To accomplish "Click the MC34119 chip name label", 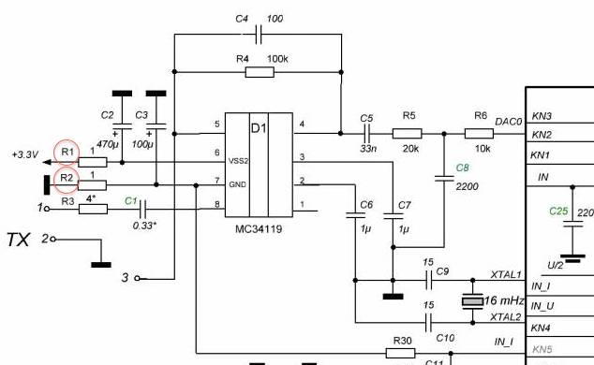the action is (x=259, y=229).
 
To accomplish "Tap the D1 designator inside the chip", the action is (x=259, y=128).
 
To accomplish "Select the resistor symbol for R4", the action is (x=260, y=72).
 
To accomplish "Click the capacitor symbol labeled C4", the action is (x=259, y=35).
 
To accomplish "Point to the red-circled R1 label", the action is (x=67, y=152).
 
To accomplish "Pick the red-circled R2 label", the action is (x=67, y=178).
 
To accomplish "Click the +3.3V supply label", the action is (x=25, y=154).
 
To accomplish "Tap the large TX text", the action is (x=18, y=240).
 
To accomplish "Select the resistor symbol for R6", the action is (x=479, y=134).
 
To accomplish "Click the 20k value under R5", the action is (x=410, y=149).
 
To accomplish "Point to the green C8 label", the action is (x=462, y=168).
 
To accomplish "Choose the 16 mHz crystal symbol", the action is (x=472, y=301).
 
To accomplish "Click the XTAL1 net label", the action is (x=506, y=274).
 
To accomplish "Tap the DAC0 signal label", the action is (x=509, y=122).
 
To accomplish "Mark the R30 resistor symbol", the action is (x=400, y=353).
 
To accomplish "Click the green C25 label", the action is (x=558, y=212).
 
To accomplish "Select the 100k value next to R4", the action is (x=277, y=59).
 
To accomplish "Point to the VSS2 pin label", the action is (x=238, y=161).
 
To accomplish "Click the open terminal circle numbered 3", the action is (x=137, y=278).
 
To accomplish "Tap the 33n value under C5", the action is (x=368, y=149).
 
